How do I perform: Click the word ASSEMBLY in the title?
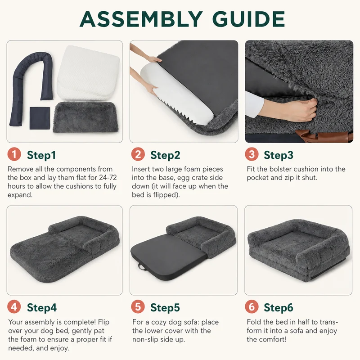pos(141,19)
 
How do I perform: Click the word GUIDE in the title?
pos(248,19)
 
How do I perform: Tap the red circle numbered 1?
pos(14,154)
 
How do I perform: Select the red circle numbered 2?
pos(138,154)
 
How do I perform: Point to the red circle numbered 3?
pos(252,154)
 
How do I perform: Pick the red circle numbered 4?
pos(14,307)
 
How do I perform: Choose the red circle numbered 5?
pos(138,307)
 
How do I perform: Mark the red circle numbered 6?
pos(252,307)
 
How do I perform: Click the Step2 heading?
pos(165,155)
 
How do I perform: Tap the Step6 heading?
pos(279,308)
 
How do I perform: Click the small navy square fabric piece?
pos(40,118)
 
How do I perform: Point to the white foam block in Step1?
pos(88,73)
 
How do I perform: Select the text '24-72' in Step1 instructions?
pos(108,177)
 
